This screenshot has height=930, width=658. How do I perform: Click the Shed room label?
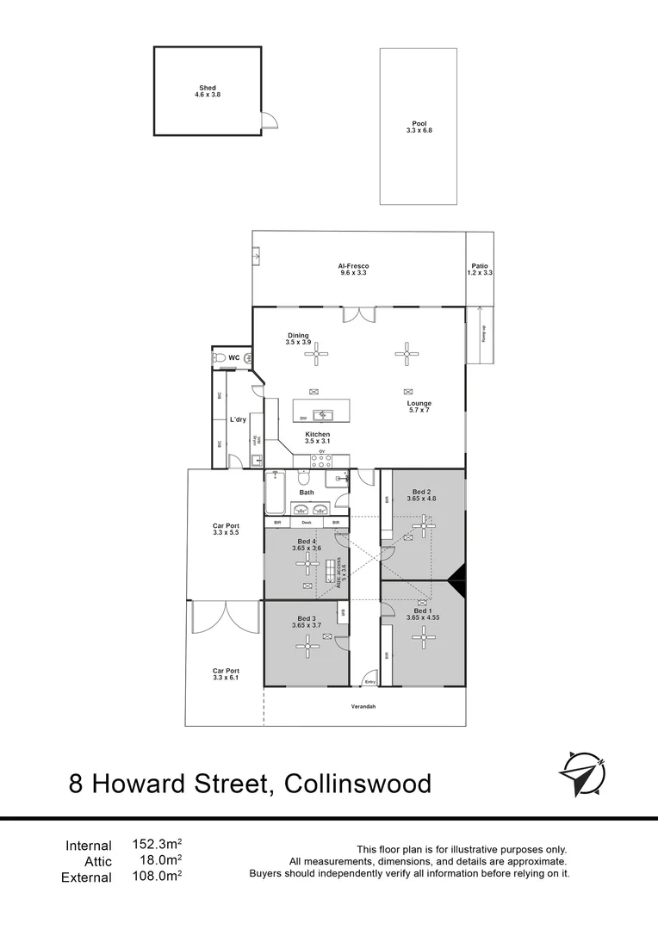[x=208, y=87]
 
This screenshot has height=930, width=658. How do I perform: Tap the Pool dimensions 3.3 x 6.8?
[x=419, y=130]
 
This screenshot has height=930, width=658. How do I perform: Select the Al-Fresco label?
[x=353, y=266]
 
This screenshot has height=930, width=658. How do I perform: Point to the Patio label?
[x=480, y=266]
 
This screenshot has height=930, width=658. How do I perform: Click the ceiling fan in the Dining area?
[x=317, y=351]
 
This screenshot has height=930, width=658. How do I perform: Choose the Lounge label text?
[x=419, y=403]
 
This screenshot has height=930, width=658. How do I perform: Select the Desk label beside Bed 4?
[x=307, y=523]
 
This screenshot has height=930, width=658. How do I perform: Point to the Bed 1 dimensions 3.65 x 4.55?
[x=423, y=617]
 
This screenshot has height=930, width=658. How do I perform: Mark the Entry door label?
[x=370, y=682]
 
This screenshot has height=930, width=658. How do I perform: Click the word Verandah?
[x=364, y=707]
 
